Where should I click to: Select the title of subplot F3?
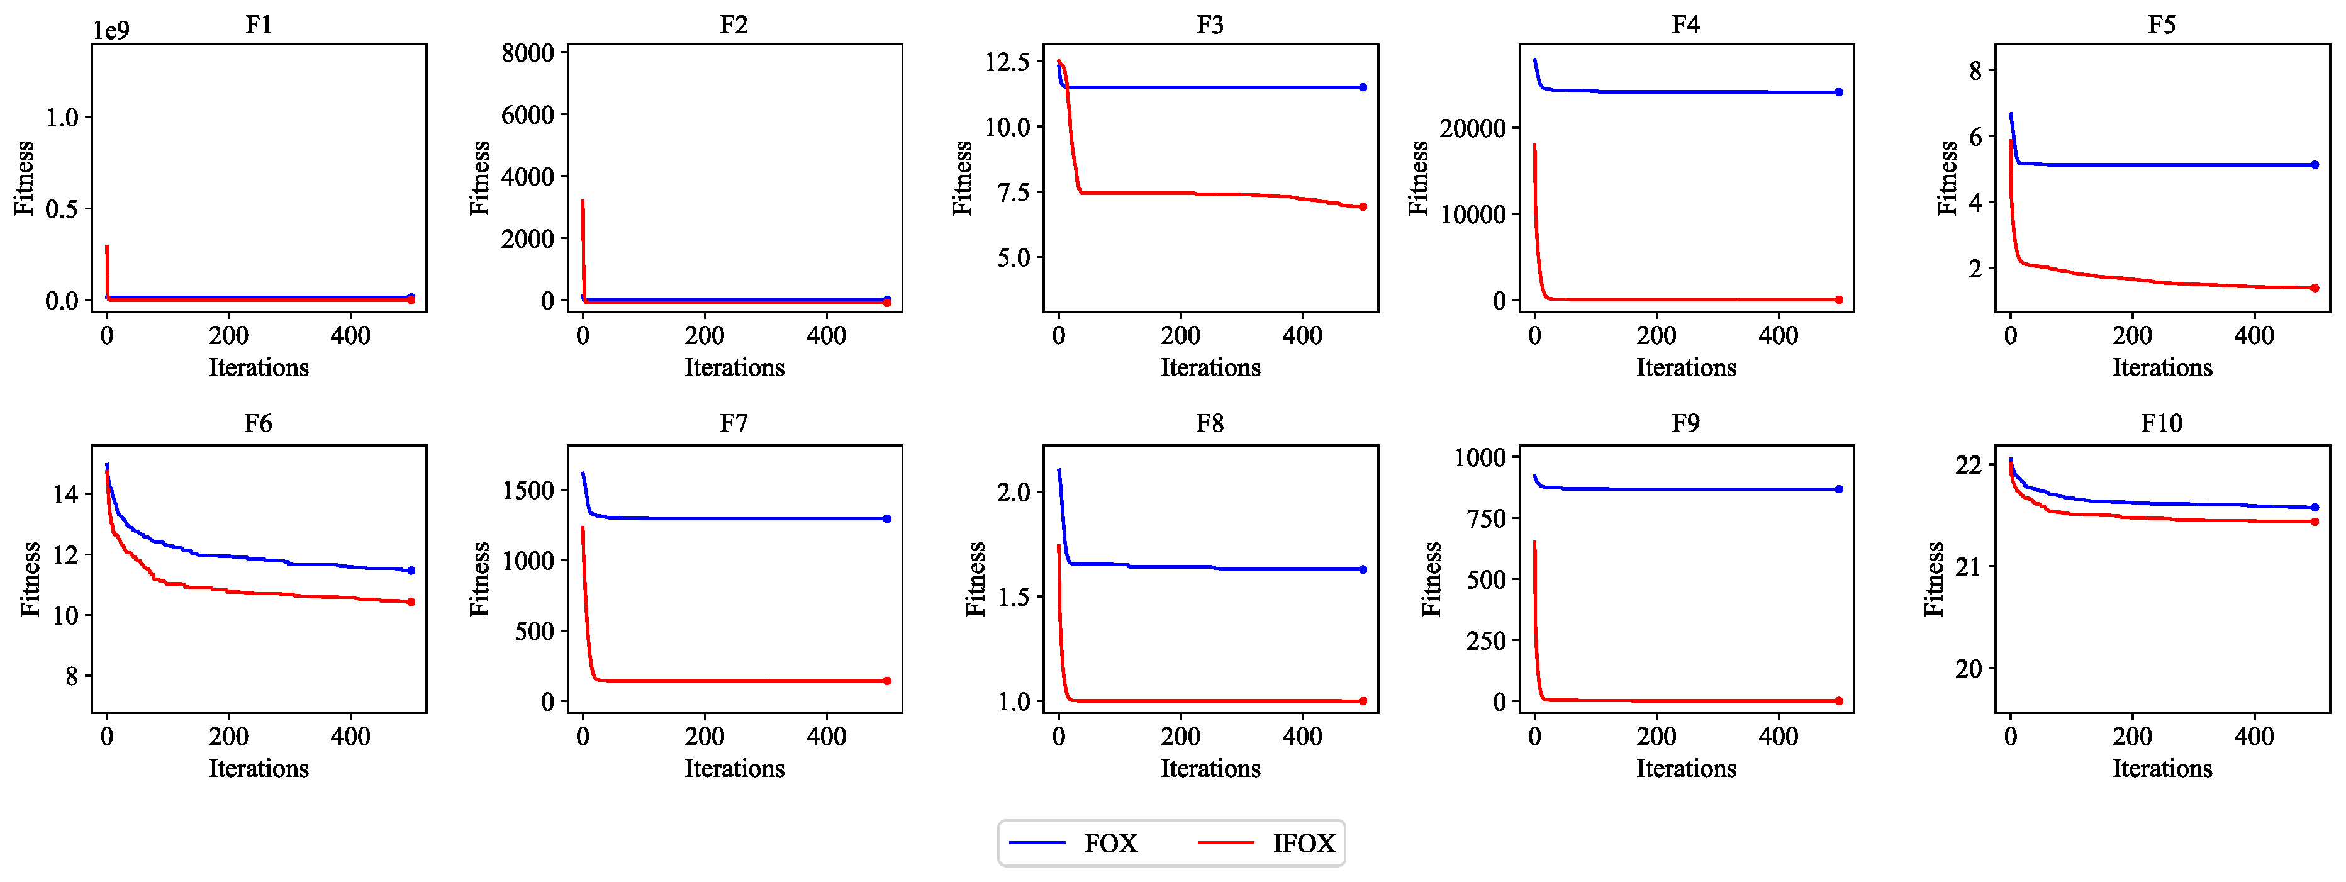pyautogui.click(x=1209, y=25)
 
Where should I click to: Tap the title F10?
pyautogui.click(x=2161, y=423)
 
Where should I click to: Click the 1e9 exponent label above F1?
pyautogui.click(x=111, y=31)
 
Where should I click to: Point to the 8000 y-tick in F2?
pyautogui.click(x=528, y=53)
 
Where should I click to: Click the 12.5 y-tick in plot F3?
pyautogui.click(x=1007, y=62)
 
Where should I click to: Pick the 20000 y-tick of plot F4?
pyautogui.click(x=1473, y=128)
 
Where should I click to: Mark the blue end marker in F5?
pyautogui.click(x=2314, y=165)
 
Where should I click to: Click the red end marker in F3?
pyautogui.click(x=1363, y=206)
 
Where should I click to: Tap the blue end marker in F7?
pyautogui.click(x=887, y=519)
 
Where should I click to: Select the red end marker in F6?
pyautogui.click(x=411, y=601)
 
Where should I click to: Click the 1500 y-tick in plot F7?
pyautogui.click(x=528, y=491)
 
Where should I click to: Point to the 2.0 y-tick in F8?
pyautogui.click(x=1014, y=493)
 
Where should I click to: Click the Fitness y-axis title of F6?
pyautogui.click(x=30, y=579)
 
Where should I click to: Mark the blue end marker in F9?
pyautogui.click(x=1839, y=489)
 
